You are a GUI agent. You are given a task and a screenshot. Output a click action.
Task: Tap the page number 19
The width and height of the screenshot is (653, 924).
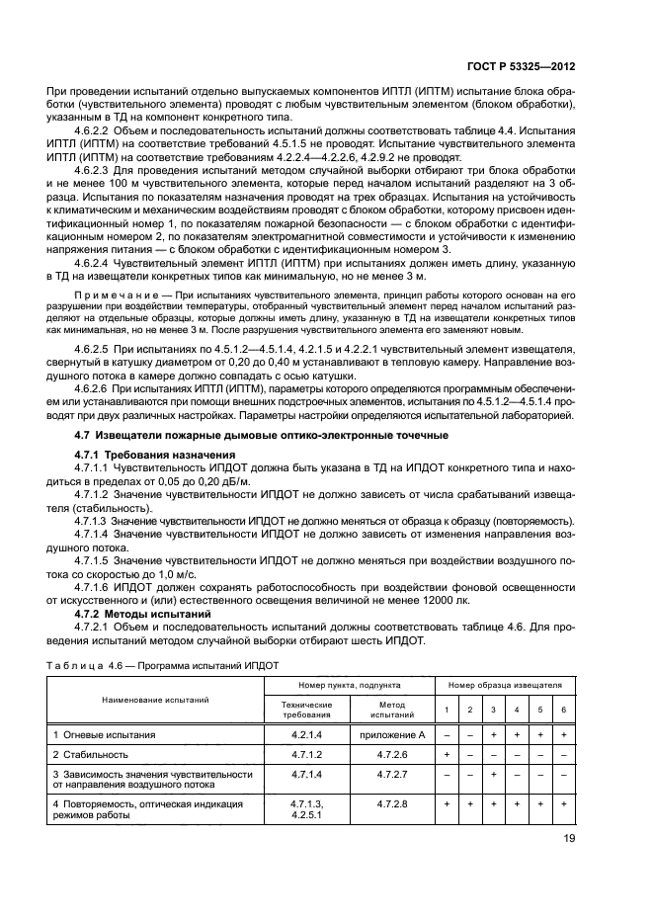click(x=567, y=843)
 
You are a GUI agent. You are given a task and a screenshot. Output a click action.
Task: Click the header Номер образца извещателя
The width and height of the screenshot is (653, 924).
click(x=505, y=683)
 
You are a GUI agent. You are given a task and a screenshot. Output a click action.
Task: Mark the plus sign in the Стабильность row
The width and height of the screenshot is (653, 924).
click(x=448, y=754)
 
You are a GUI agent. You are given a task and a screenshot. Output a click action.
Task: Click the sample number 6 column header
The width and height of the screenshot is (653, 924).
click(x=561, y=710)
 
